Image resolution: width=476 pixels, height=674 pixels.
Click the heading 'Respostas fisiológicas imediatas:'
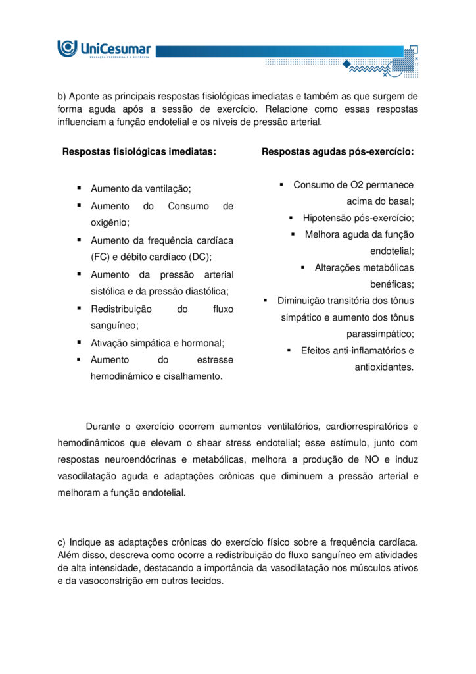pyautogui.click(x=139, y=151)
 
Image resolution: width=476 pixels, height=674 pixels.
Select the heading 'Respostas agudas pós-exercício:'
pyautogui.click(x=337, y=151)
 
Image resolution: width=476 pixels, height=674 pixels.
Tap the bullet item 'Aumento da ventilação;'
pyautogui.click(x=141, y=189)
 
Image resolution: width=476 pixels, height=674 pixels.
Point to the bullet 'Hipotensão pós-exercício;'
pyautogui.click(x=358, y=218)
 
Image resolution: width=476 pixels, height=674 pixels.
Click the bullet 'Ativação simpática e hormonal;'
pyautogui.click(x=157, y=343)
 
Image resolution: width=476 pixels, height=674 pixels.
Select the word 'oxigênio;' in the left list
pyautogui.click(x=110, y=223)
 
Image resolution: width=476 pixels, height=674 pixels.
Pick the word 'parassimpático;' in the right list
pyautogui.click(x=380, y=334)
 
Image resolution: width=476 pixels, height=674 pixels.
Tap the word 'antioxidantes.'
pyautogui.click(x=384, y=367)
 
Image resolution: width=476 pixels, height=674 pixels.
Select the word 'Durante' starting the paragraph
pyautogui.click(x=103, y=427)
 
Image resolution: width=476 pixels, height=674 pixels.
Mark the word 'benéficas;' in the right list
pyautogui.click(x=392, y=284)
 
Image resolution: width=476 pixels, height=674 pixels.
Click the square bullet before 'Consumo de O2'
pyautogui.click(x=281, y=185)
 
